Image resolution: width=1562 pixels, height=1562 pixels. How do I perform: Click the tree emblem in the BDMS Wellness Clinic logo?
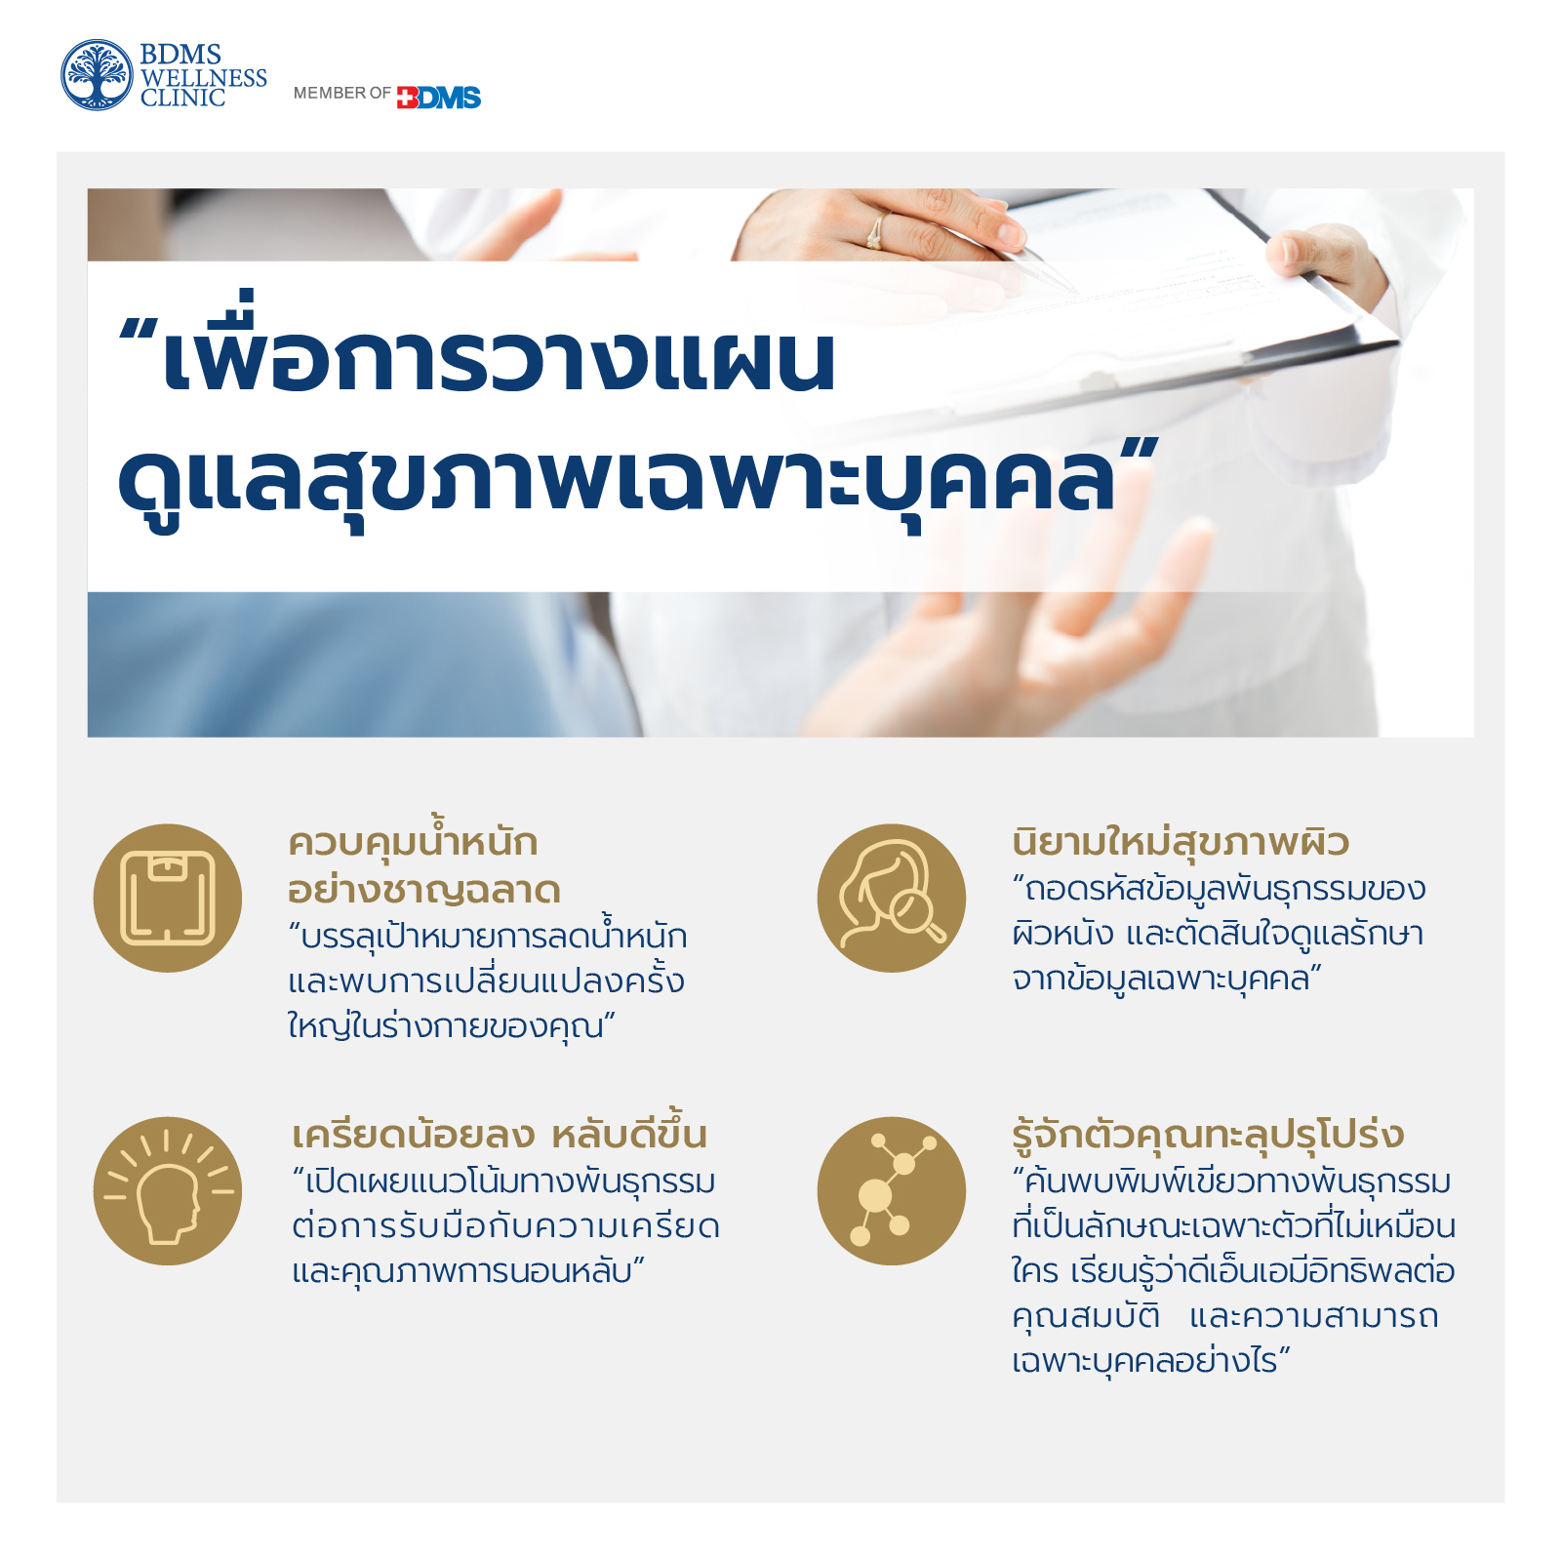coord(97,75)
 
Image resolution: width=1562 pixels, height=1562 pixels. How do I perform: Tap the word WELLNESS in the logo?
coord(204,77)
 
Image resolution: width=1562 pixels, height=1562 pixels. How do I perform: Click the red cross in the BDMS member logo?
coord(407,98)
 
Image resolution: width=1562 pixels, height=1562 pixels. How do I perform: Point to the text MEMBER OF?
coord(341,93)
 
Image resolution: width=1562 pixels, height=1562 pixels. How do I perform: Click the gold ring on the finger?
coord(875,231)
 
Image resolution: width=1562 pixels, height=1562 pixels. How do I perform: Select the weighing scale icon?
coord(168,898)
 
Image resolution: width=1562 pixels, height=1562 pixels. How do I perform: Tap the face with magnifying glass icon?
coord(892,898)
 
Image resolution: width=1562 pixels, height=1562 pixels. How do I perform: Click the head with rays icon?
coord(168,1191)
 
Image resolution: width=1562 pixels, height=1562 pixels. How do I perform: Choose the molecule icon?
coord(892,1191)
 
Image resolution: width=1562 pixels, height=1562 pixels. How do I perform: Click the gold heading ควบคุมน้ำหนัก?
coord(414,838)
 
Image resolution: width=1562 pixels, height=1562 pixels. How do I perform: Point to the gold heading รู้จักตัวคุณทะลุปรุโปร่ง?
coord(1208,1135)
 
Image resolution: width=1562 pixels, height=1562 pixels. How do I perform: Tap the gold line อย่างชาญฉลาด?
coord(424,891)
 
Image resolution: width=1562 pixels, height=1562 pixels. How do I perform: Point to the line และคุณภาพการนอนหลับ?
coord(469,1271)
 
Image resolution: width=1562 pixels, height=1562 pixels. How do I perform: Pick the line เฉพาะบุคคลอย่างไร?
coord(1151,1360)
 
